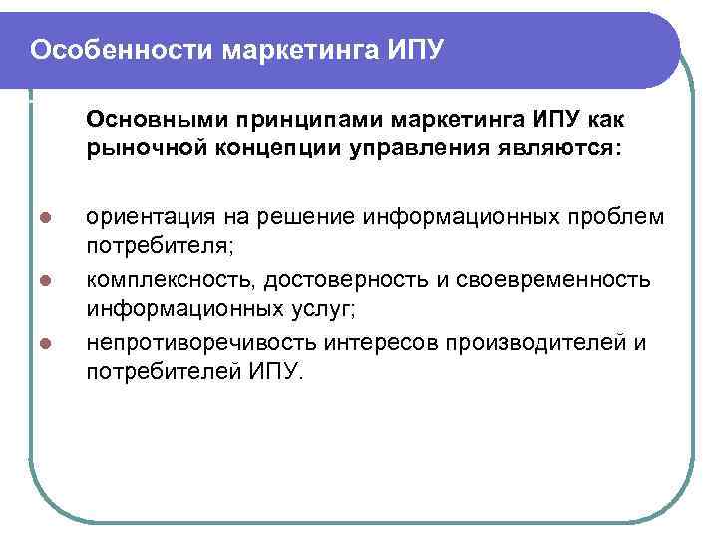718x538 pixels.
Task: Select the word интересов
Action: tap(385, 343)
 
